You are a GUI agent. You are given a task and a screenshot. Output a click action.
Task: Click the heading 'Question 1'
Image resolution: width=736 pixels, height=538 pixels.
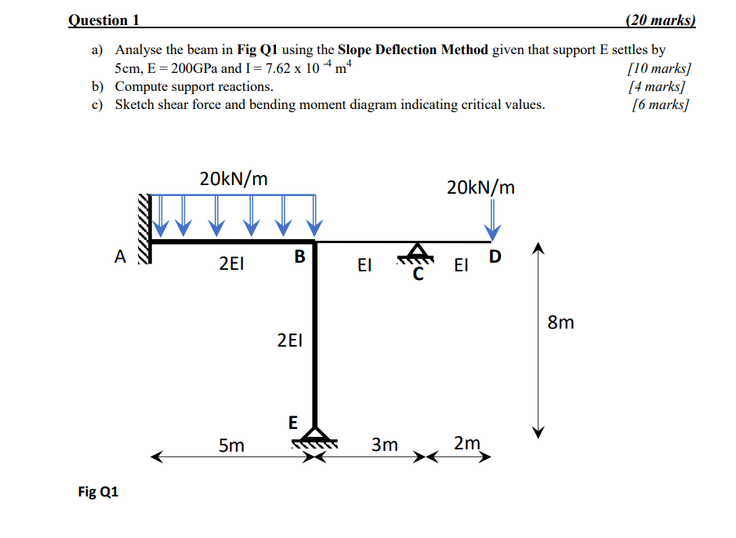click(98, 20)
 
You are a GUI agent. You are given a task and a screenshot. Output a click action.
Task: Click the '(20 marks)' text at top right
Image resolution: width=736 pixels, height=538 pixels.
click(661, 20)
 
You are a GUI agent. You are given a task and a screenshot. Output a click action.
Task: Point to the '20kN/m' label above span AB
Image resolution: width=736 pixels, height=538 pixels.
click(234, 179)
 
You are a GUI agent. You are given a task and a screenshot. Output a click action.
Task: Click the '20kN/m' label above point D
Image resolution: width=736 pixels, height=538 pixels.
click(480, 187)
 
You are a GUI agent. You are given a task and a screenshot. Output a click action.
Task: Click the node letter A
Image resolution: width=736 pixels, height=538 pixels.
click(119, 256)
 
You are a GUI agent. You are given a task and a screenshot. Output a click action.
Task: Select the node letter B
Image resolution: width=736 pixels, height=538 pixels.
click(299, 256)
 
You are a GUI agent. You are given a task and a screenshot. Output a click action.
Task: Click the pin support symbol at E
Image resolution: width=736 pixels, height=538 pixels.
click(315, 436)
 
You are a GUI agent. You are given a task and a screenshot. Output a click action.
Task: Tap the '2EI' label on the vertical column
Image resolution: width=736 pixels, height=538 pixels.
click(289, 340)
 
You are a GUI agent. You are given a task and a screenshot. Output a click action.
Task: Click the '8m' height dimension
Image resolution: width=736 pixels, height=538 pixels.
click(560, 322)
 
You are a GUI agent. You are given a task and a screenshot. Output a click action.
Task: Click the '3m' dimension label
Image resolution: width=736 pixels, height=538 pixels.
click(384, 445)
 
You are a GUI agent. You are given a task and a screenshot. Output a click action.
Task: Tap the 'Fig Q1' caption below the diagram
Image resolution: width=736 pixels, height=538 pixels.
click(98, 492)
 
